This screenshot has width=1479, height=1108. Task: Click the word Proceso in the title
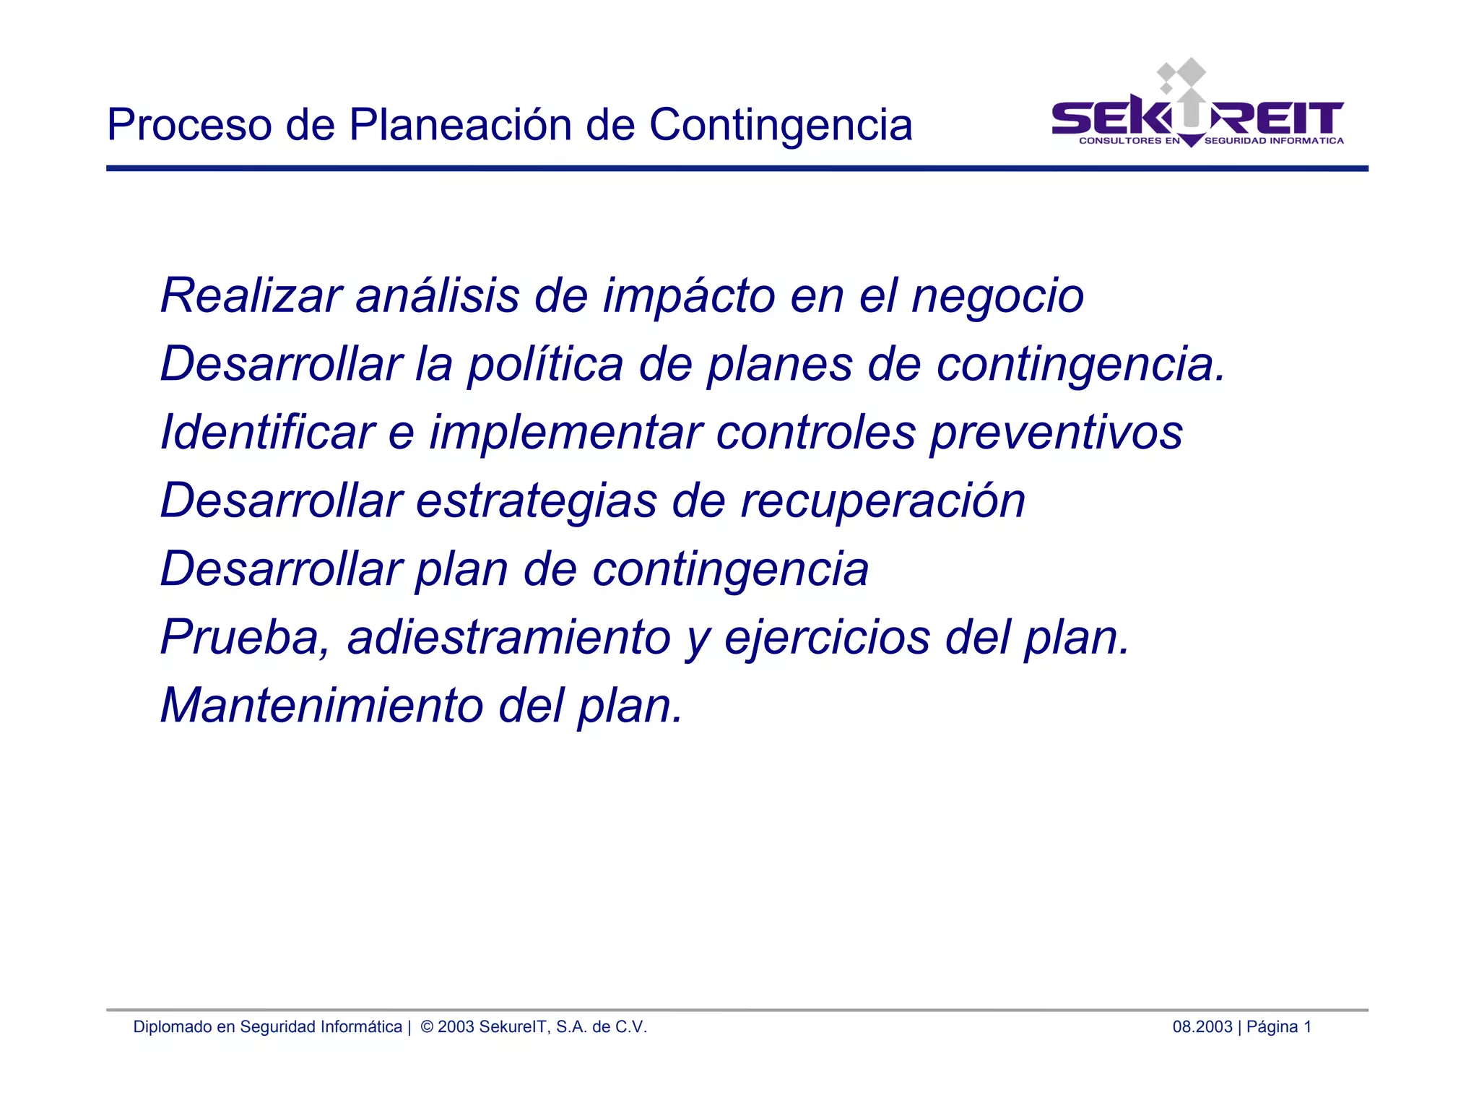click(189, 126)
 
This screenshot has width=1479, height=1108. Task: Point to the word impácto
click(689, 297)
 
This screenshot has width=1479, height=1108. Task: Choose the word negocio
click(997, 297)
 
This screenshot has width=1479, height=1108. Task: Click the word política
click(545, 365)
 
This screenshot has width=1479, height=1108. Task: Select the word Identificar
click(267, 432)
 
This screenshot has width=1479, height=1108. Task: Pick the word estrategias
click(537, 501)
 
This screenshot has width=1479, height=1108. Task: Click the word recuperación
click(882, 501)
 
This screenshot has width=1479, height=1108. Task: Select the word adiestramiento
click(509, 638)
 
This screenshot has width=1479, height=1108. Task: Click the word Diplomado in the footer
click(171, 1027)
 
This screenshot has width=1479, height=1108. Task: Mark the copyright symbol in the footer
click(427, 1027)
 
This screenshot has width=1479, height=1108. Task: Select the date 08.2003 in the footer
click(1202, 1027)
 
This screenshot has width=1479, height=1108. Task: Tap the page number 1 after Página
click(1307, 1027)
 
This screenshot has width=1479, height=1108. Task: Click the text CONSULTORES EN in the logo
click(1129, 141)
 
